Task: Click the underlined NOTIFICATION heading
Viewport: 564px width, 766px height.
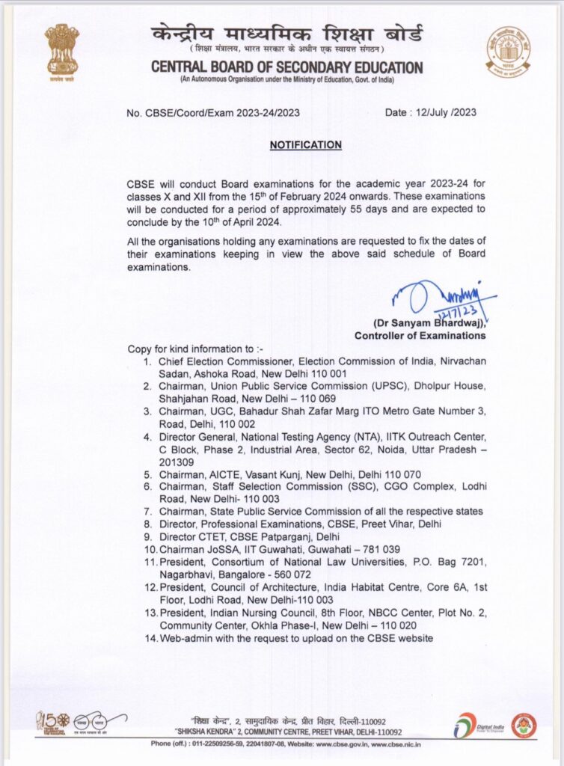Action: pos(305,145)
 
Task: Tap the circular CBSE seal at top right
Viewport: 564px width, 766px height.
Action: pos(508,52)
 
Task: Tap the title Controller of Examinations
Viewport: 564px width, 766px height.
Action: pos(430,336)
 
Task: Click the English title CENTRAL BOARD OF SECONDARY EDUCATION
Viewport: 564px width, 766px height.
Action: pos(286,67)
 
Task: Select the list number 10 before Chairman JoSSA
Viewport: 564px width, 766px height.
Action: pos(148,550)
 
